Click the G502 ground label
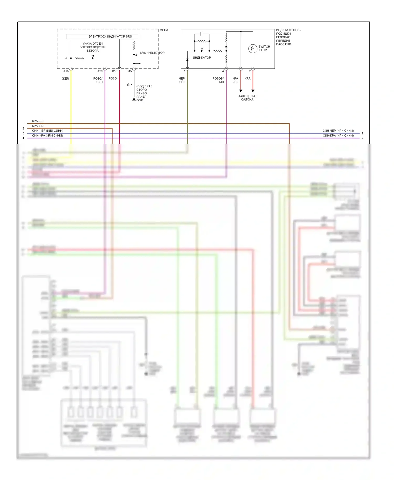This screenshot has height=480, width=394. click(140, 100)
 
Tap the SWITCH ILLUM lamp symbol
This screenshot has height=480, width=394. click(253, 49)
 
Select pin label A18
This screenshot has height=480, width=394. click(66, 71)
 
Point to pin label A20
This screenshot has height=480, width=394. click(100, 71)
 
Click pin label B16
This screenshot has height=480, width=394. click(115, 71)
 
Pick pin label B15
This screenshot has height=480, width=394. click(129, 71)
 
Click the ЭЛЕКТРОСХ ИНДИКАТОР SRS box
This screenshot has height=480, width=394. click(102, 36)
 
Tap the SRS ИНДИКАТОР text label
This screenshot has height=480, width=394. click(152, 53)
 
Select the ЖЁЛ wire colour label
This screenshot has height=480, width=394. click(65, 79)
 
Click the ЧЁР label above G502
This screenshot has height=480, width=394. click(129, 85)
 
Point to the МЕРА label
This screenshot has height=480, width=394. click(164, 30)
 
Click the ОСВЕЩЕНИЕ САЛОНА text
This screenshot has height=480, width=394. click(247, 98)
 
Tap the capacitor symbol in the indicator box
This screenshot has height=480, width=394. click(202, 34)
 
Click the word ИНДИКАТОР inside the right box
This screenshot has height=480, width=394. click(202, 58)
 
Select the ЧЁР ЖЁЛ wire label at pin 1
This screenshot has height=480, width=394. click(182, 80)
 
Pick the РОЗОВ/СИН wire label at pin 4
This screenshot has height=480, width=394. click(218, 80)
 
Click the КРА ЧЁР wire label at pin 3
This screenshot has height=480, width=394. click(235, 80)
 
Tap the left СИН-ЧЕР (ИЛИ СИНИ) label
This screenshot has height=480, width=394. click(48, 131)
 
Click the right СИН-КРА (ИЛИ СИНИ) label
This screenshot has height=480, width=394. click(338, 135)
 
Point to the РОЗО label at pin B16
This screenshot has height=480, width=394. click(113, 79)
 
